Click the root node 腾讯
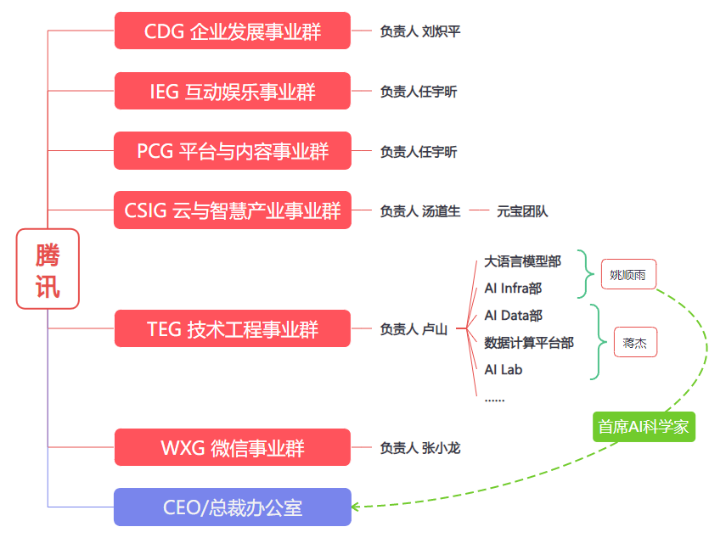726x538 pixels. (x=48, y=269)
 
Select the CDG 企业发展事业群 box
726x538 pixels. (x=232, y=31)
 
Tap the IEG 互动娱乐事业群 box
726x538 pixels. (x=232, y=91)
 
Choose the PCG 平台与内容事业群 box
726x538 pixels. (x=232, y=151)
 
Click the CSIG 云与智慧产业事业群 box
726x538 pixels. (x=232, y=210)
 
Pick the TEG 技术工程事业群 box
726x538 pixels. (x=232, y=328)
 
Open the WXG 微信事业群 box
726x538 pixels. (x=232, y=447)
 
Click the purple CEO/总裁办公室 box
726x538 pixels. (x=232, y=507)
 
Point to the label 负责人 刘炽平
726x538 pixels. (x=420, y=31)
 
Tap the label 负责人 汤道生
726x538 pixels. (x=420, y=211)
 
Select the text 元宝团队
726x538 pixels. (x=522, y=211)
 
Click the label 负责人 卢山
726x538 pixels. (x=414, y=329)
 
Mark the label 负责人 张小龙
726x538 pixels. (x=420, y=447)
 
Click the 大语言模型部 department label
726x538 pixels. (x=522, y=261)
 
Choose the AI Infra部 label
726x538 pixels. (x=513, y=289)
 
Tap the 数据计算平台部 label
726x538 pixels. (x=528, y=343)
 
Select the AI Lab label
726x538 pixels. (x=504, y=370)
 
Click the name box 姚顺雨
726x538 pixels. (x=628, y=274)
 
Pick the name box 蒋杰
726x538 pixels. (x=635, y=342)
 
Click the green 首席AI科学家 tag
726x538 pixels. (x=644, y=427)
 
